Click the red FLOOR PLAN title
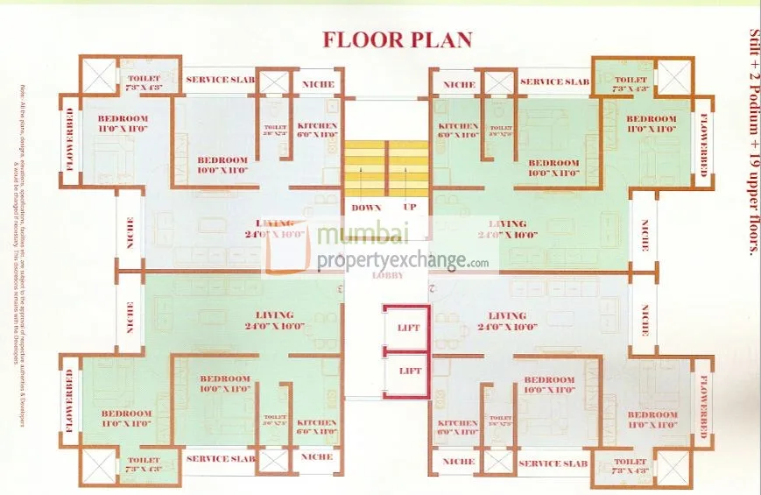click(x=398, y=39)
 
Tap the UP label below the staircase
click(x=409, y=208)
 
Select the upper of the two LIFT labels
click(x=409, y=328)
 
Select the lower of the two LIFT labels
click(x=409, y=371)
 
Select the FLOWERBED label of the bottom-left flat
click(x=68, y=402)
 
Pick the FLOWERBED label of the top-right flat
click(x=703, y=145)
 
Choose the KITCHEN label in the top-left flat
click(x=316, y=130)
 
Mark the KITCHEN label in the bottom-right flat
click(x=458, y=428)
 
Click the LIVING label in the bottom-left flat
click(x=273, y=320)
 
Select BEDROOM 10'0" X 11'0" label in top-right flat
click(x=553, y=168)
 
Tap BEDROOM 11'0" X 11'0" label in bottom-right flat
click(x=652, y=420)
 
